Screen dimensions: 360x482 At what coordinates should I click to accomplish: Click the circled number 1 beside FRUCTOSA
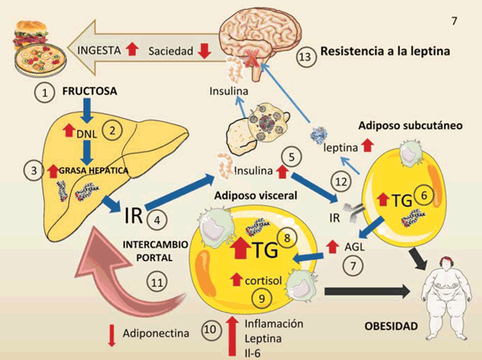(47, 92)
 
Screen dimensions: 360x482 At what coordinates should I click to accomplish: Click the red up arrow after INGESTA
(133, 50)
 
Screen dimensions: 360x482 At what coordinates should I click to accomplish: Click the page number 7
(455, 19)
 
